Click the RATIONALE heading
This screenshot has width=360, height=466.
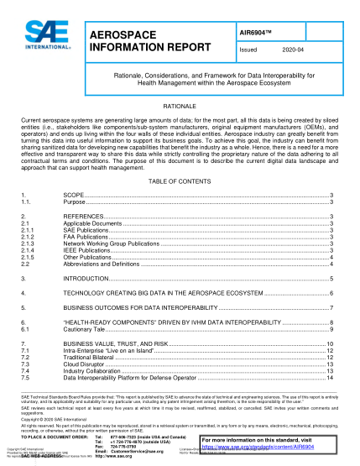180,108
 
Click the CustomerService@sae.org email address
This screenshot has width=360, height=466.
138,451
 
